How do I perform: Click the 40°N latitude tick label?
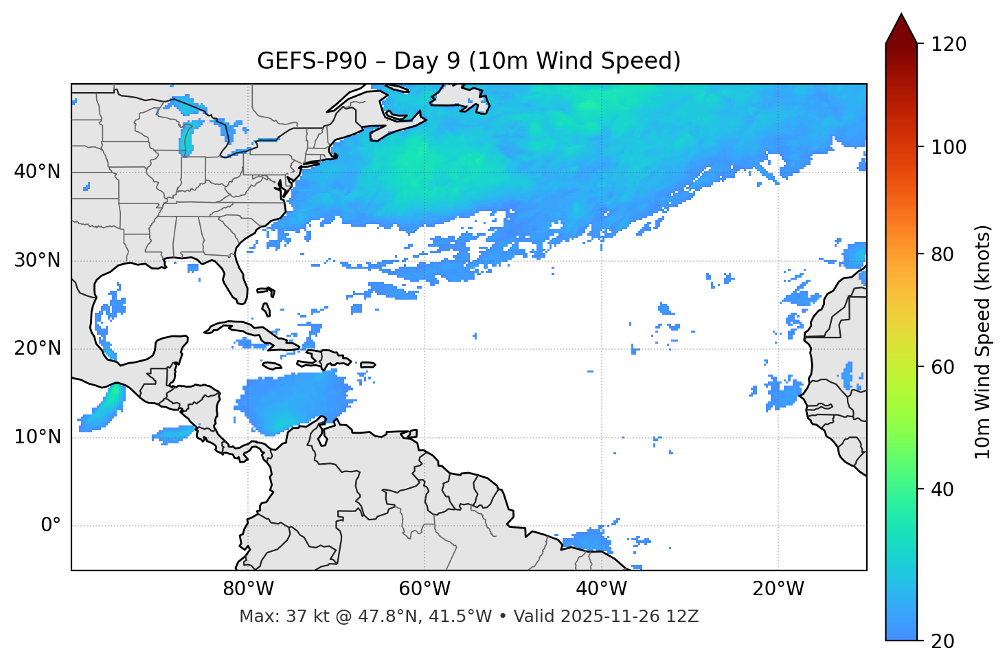tap(37, 172)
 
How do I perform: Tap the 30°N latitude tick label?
tap(37, 260)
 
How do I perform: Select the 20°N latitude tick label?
tap(37, 348)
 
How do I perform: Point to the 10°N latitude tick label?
tap(37, 437)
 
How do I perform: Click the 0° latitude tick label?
tap(50, 526)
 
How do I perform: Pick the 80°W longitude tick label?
tap(248, 589)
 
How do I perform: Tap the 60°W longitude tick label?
tap(425, 589)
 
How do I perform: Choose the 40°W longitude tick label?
tap(601, 589)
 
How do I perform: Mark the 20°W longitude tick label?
tap(778, 589)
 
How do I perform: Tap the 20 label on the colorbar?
tap(943, 641)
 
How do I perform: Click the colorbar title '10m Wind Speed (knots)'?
tap(983, 342)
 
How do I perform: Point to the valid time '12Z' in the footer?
tap(685, 617)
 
